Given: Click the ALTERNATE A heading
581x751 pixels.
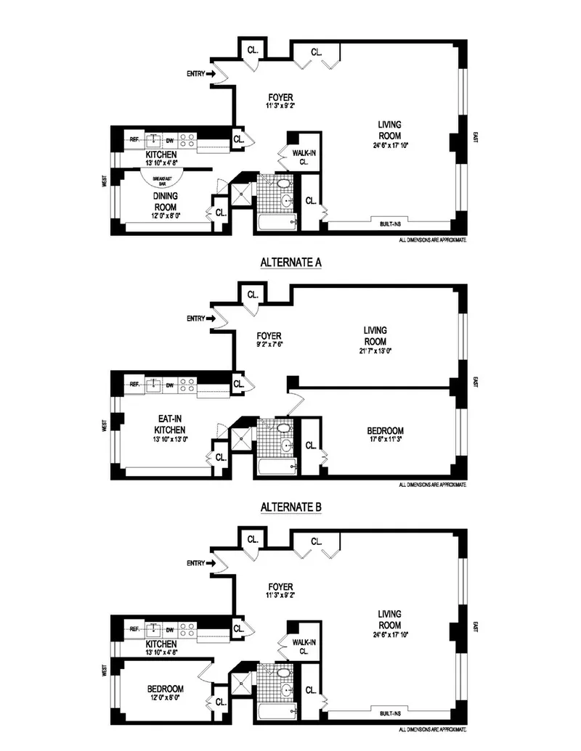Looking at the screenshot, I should [x=290, y=263].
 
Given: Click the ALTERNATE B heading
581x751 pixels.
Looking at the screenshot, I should [x=290, y=506].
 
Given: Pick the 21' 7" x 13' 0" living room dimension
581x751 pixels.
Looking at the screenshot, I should [x=375, y=351].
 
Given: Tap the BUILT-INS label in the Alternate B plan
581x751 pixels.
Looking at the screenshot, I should [x=391, y=714].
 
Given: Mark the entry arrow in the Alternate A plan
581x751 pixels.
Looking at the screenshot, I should [x=212, y=318].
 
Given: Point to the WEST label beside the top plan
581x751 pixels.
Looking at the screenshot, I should [x=105, y=181].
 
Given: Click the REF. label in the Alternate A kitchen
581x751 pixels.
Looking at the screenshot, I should [x=134, y=385].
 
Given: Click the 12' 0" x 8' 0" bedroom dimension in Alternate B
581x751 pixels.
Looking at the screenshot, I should [x=166, y=697].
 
